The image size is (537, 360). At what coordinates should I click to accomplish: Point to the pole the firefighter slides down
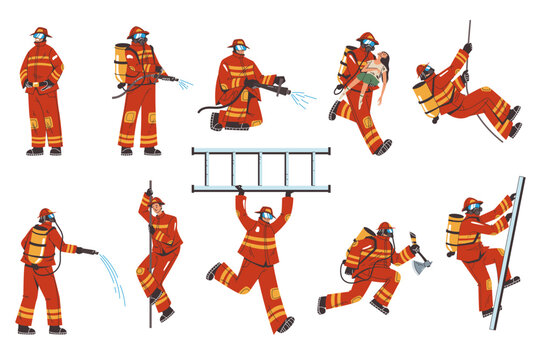coord(150,260)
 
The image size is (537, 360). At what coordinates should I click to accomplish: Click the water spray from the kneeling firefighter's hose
coord(300,98)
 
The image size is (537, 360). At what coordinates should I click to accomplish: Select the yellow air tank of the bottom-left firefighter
coord(37,245)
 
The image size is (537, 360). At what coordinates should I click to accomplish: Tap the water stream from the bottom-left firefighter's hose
coord(112,275)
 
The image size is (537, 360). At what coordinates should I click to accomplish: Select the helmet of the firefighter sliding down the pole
coord(157,202)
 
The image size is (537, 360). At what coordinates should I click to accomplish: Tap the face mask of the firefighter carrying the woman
coord(369,45)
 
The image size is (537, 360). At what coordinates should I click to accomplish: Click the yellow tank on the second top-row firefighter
coord(120,63)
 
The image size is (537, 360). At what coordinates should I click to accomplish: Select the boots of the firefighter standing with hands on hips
coord(43,151)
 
